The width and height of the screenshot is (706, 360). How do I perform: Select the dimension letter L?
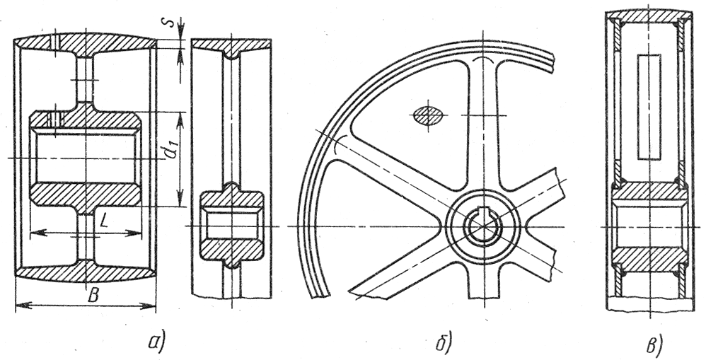(103, 222)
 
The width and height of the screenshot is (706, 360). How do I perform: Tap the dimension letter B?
(93, 296)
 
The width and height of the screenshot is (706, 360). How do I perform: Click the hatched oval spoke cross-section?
(428, 115)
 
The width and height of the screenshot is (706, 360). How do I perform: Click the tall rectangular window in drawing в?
(649, 107)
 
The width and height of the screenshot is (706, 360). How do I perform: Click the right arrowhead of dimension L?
(133, 233)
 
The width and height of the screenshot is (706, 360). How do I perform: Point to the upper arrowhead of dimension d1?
(180, 118)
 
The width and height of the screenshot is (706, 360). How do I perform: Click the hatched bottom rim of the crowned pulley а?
(86, 270)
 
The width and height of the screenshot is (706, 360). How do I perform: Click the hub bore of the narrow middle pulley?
(231, 225)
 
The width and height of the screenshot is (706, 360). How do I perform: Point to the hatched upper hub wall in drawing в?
(649, 191)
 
